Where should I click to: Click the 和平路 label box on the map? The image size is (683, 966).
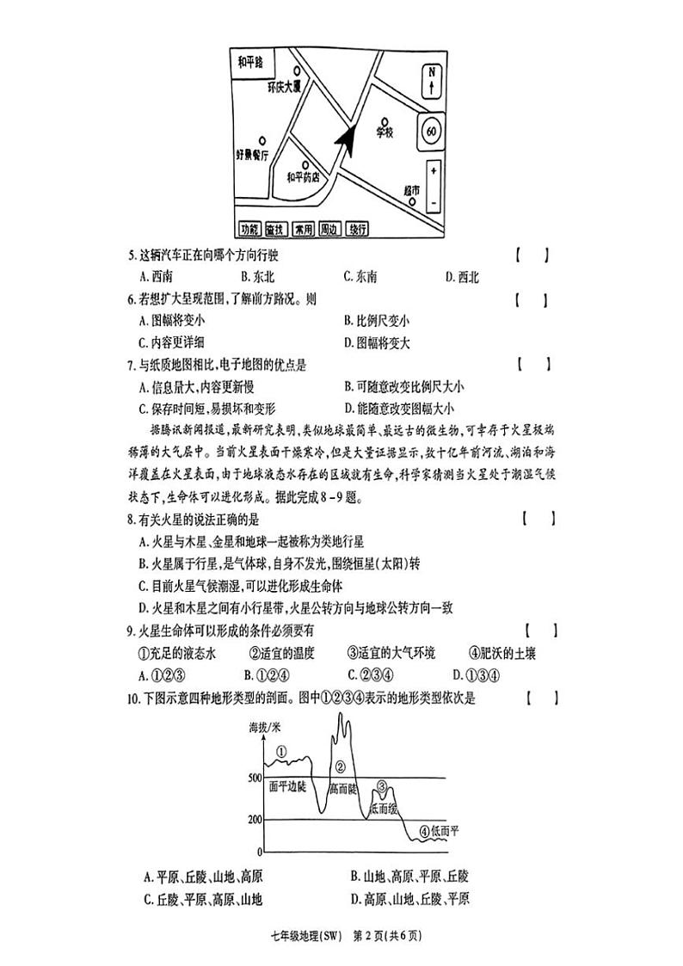click(254, 62)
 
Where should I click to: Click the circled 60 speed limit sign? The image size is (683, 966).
click(431, 132)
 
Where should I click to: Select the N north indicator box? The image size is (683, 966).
click(432, 82)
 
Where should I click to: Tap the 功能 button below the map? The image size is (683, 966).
click(249, 230)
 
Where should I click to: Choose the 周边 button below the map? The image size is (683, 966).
click(329, 230)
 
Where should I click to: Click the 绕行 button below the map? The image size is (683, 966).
click(357, 230)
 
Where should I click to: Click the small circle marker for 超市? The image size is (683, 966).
click(413, 204)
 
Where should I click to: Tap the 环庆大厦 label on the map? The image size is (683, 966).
click(285, 88)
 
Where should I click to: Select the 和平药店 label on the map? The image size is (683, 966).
click(303, 178)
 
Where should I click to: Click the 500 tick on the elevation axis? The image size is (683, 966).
click(255, 778)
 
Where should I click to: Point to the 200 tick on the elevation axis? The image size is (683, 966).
click(255, 819)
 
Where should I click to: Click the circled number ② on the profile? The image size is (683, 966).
click(340, 766)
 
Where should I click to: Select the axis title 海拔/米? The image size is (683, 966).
click(266, 728)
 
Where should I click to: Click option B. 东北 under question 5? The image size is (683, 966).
click(257, 277)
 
